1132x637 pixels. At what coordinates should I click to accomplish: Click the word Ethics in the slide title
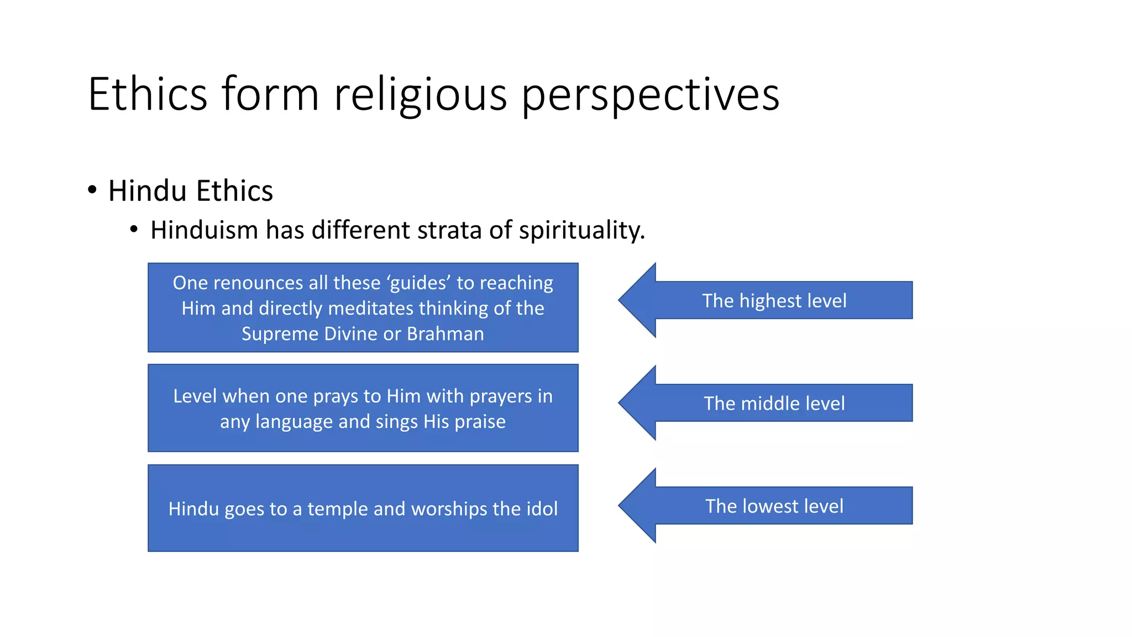click(148, 94)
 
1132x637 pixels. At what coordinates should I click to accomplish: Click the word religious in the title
click(420, 94)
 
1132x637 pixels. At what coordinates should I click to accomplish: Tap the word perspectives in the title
click(650, 94)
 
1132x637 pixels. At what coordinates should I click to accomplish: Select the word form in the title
click(270, 94)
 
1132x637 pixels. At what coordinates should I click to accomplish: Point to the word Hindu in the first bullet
click(147, 191)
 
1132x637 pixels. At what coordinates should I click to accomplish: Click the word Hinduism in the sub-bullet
click(204, 230)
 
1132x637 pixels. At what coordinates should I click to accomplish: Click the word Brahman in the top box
click(445, 334)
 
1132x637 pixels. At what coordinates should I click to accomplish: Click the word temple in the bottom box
click(337, 509)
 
